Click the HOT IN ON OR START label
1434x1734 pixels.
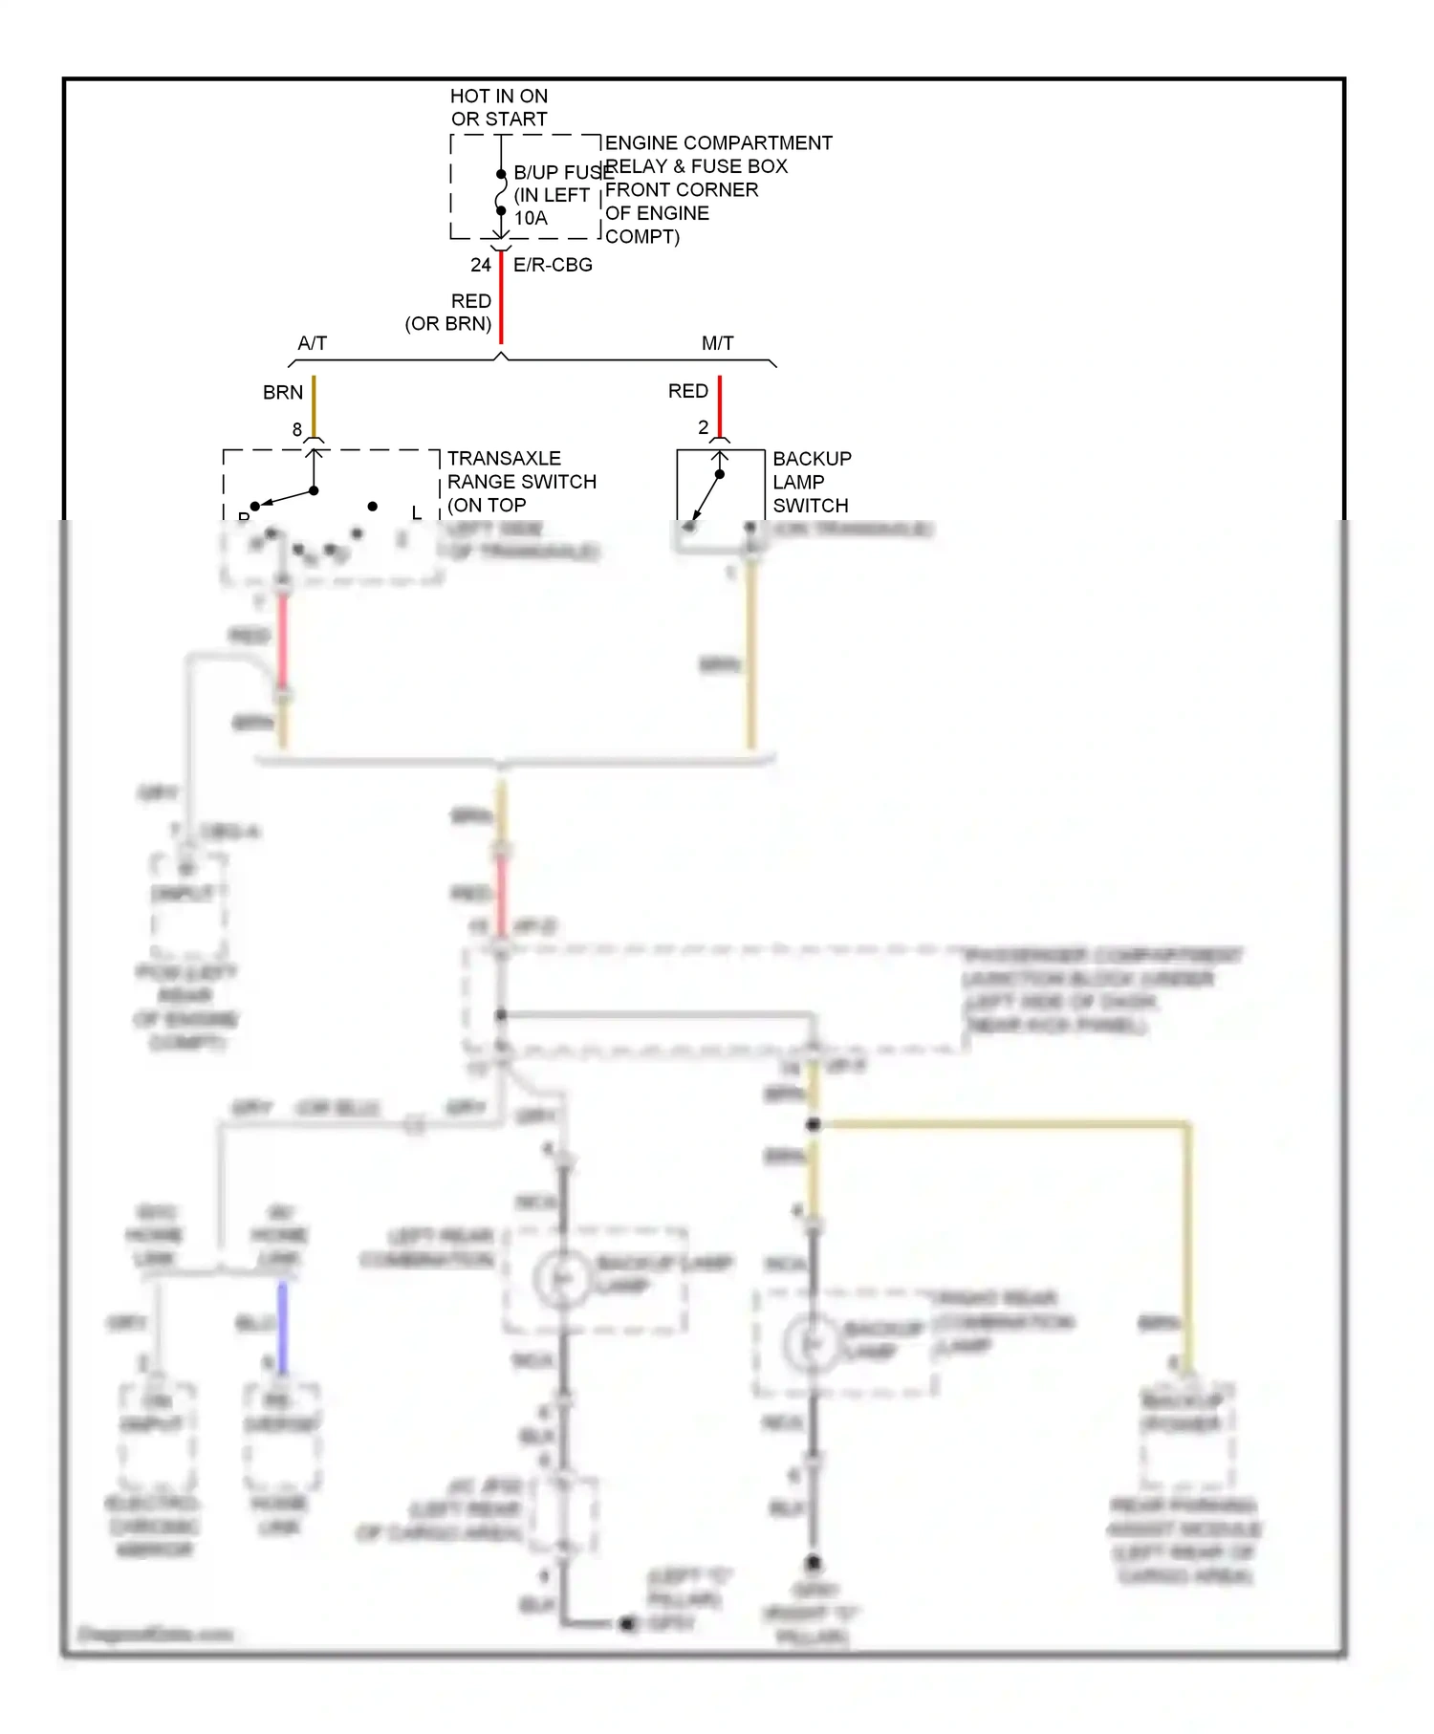(x=499, y=107)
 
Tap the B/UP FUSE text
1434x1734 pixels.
(x=562, y=172)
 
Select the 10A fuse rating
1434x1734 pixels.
(x=531, y=218)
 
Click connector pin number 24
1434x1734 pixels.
(x=481, y=265)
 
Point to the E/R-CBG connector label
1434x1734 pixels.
(x=553, y=265)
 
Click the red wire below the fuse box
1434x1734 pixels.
(x=501, y=296)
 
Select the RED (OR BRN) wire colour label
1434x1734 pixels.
(x=449, y=313)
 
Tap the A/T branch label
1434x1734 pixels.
(x=313, y=343)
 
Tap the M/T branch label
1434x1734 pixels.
(x=718, y=343)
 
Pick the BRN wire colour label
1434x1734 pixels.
(x=283, y=392)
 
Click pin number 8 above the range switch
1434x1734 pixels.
(x=297, y=430)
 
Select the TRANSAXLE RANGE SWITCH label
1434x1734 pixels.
(x=521, y=481)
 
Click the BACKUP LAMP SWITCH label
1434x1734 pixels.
(x=811, y=482)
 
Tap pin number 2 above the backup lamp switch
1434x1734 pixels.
(x=704, y=427)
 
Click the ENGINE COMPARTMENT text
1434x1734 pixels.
(x=718, y=142)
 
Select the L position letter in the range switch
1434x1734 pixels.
(x=416, y=512)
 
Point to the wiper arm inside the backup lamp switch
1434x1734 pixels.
(x=706, y=496)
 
